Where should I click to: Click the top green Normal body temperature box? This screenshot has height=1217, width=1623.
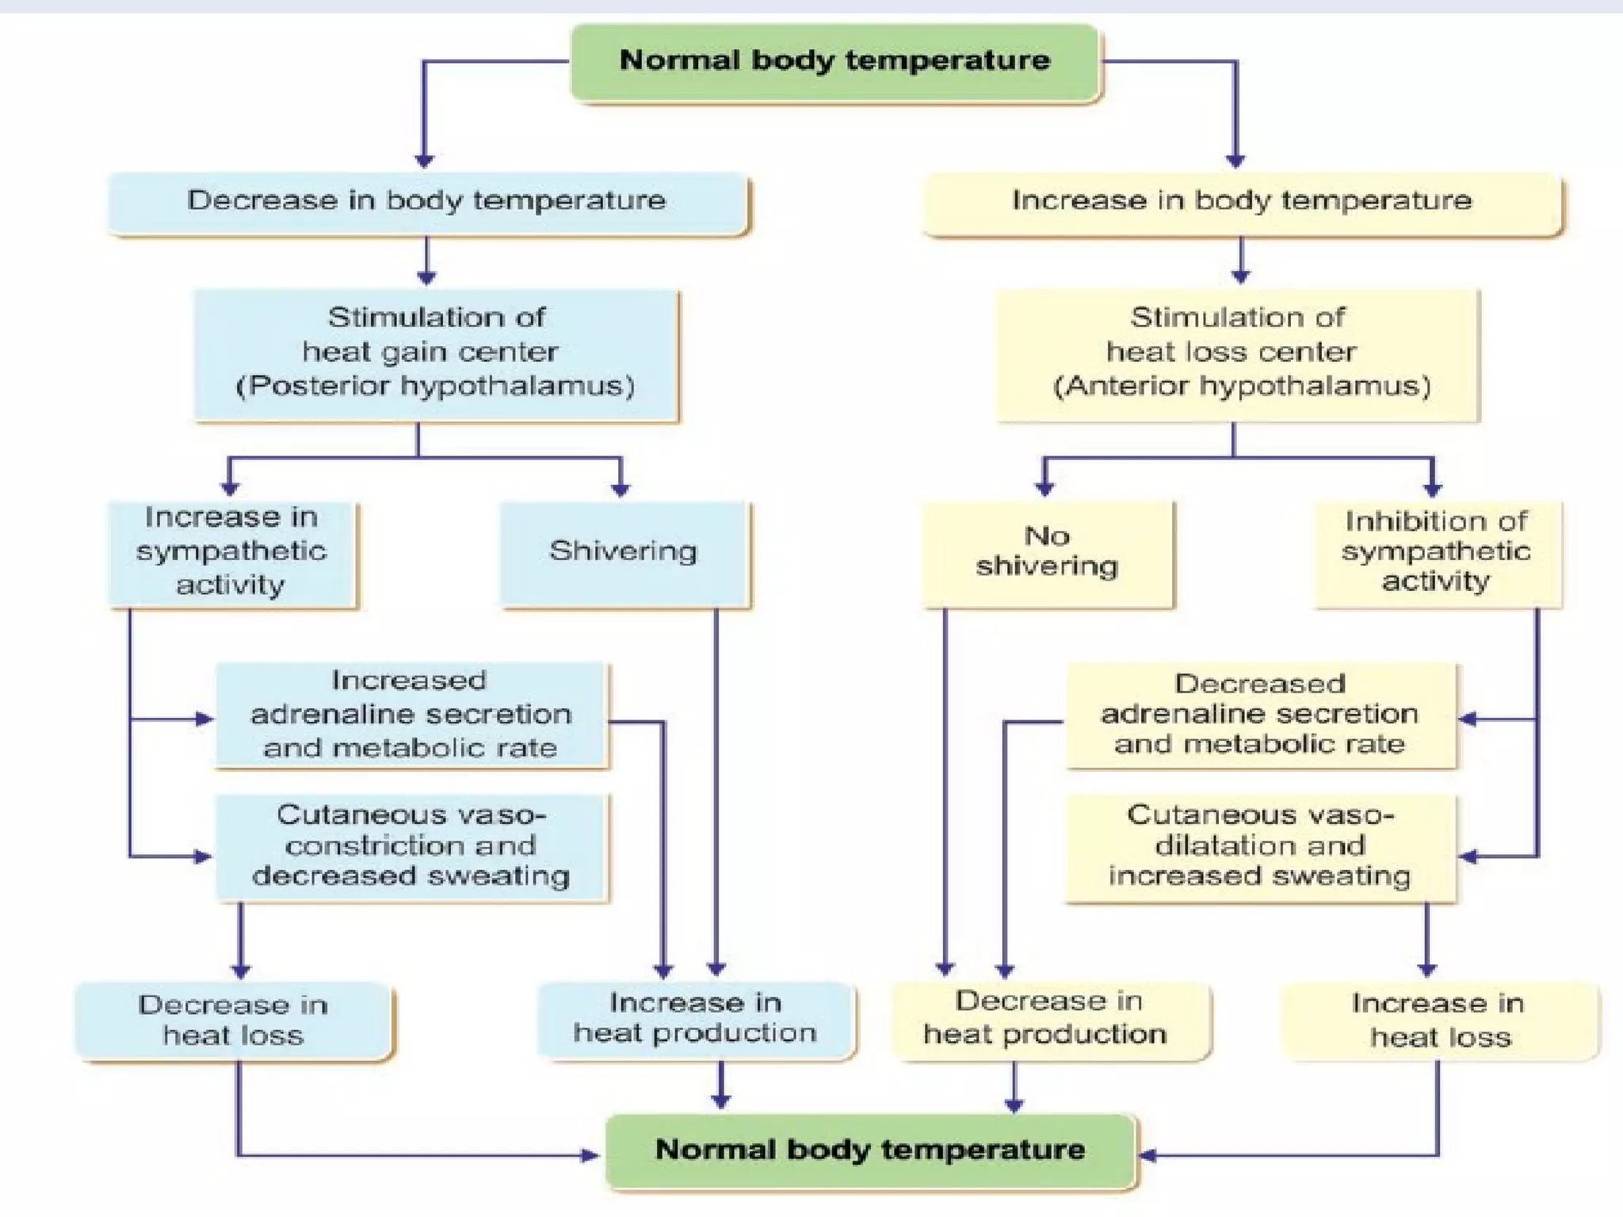[834, 62]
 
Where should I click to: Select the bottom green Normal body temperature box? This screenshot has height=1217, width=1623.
[870, 1150]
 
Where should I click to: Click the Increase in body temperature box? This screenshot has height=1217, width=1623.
[1242, 201]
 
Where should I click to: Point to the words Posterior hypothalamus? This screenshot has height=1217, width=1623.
[435, 387]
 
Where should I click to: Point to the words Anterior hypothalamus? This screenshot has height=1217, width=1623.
[1242, 387]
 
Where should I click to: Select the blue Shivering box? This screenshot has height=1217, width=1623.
[623, 552]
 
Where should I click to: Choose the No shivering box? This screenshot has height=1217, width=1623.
[1047, 552]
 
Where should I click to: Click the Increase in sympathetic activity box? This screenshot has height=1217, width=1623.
[231, 552]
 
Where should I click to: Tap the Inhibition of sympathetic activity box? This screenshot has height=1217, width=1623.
[1436, 552]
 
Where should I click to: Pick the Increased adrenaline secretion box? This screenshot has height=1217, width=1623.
[411, 715]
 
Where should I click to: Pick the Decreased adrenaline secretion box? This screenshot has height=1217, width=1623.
[1260, 715]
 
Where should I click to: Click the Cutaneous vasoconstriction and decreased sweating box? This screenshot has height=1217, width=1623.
[411, 846]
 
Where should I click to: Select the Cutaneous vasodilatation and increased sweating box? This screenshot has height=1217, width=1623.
[1260, 846]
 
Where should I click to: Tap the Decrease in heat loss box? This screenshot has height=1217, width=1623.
[233, 1021]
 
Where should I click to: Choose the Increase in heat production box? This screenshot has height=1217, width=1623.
[695, 1019]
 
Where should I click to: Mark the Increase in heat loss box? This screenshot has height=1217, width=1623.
[1439, 1021]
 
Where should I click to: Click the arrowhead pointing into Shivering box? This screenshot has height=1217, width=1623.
[621, 490]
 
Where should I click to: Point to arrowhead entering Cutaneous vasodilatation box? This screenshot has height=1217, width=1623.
[1468, 856]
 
